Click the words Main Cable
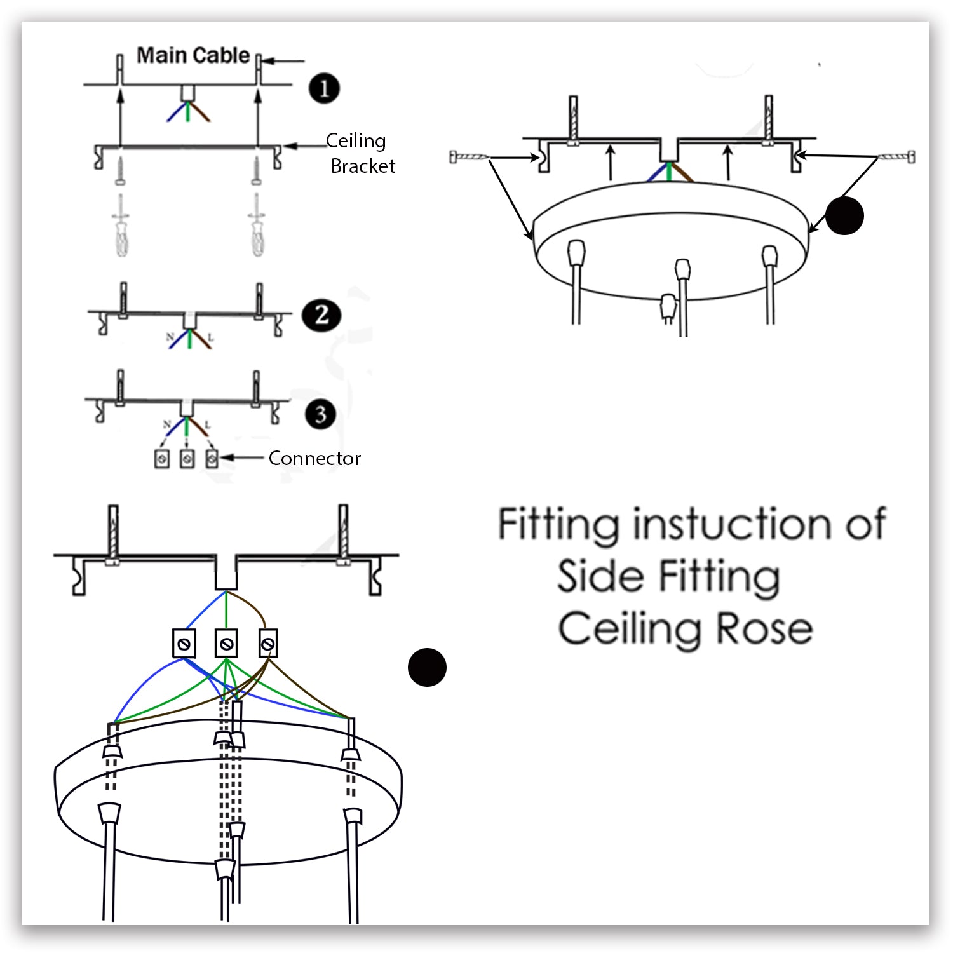tap(193, 56)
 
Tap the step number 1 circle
tap(324, 88)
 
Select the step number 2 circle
tap(321, 314)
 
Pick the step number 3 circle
tap(320, 414)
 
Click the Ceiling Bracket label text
tap(359, 153)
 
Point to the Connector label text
tap(314, 458)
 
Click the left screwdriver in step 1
tap(121, 227)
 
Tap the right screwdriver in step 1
tap(257, 227)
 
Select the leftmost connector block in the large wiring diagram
tap(184, 644)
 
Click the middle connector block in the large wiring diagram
tap(226, 644)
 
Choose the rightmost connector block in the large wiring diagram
tap(268, 644)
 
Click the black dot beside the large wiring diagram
tap(427, 667)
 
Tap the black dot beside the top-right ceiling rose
tap(844, 216)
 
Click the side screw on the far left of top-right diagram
tap(469, 156)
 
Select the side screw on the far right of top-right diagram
tap(896, 156)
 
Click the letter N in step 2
tap(170, 336)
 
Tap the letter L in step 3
tap(207, 424)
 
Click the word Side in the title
tap(600, 577)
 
